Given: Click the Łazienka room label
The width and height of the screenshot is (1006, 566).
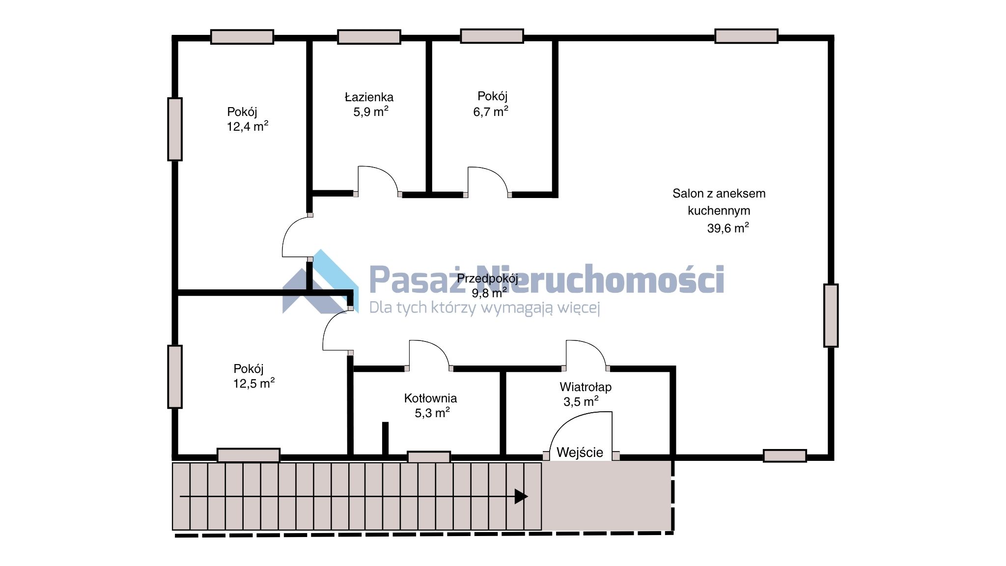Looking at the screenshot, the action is point(369,97).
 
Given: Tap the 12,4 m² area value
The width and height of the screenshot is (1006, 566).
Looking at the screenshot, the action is point(248,126).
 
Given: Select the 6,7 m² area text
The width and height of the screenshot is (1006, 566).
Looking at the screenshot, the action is point(491,112).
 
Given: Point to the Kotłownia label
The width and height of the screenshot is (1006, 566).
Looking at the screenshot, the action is point(430,398).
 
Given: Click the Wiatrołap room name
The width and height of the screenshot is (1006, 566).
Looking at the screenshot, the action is point(586,387).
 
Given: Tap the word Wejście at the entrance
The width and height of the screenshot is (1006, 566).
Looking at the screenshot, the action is point(580,452).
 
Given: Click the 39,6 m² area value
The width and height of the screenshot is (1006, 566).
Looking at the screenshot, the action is point(728,228).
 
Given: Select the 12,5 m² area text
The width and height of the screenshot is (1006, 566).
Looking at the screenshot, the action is point(253,383).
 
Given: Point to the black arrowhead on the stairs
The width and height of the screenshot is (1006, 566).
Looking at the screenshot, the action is point(521,496).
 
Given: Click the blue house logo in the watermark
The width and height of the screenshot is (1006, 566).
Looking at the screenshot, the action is point(321,282).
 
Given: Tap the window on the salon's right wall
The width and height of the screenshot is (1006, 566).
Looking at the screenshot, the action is point(831,315).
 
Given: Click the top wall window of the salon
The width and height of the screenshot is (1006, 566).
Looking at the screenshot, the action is point(746,36).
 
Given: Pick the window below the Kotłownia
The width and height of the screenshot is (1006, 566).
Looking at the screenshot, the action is point(429,457).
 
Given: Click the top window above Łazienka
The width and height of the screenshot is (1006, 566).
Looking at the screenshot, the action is point(369,37).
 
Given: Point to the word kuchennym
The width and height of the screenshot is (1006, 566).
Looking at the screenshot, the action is point(719,211).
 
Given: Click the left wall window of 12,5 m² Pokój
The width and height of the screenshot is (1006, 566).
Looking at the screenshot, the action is point(175,377).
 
